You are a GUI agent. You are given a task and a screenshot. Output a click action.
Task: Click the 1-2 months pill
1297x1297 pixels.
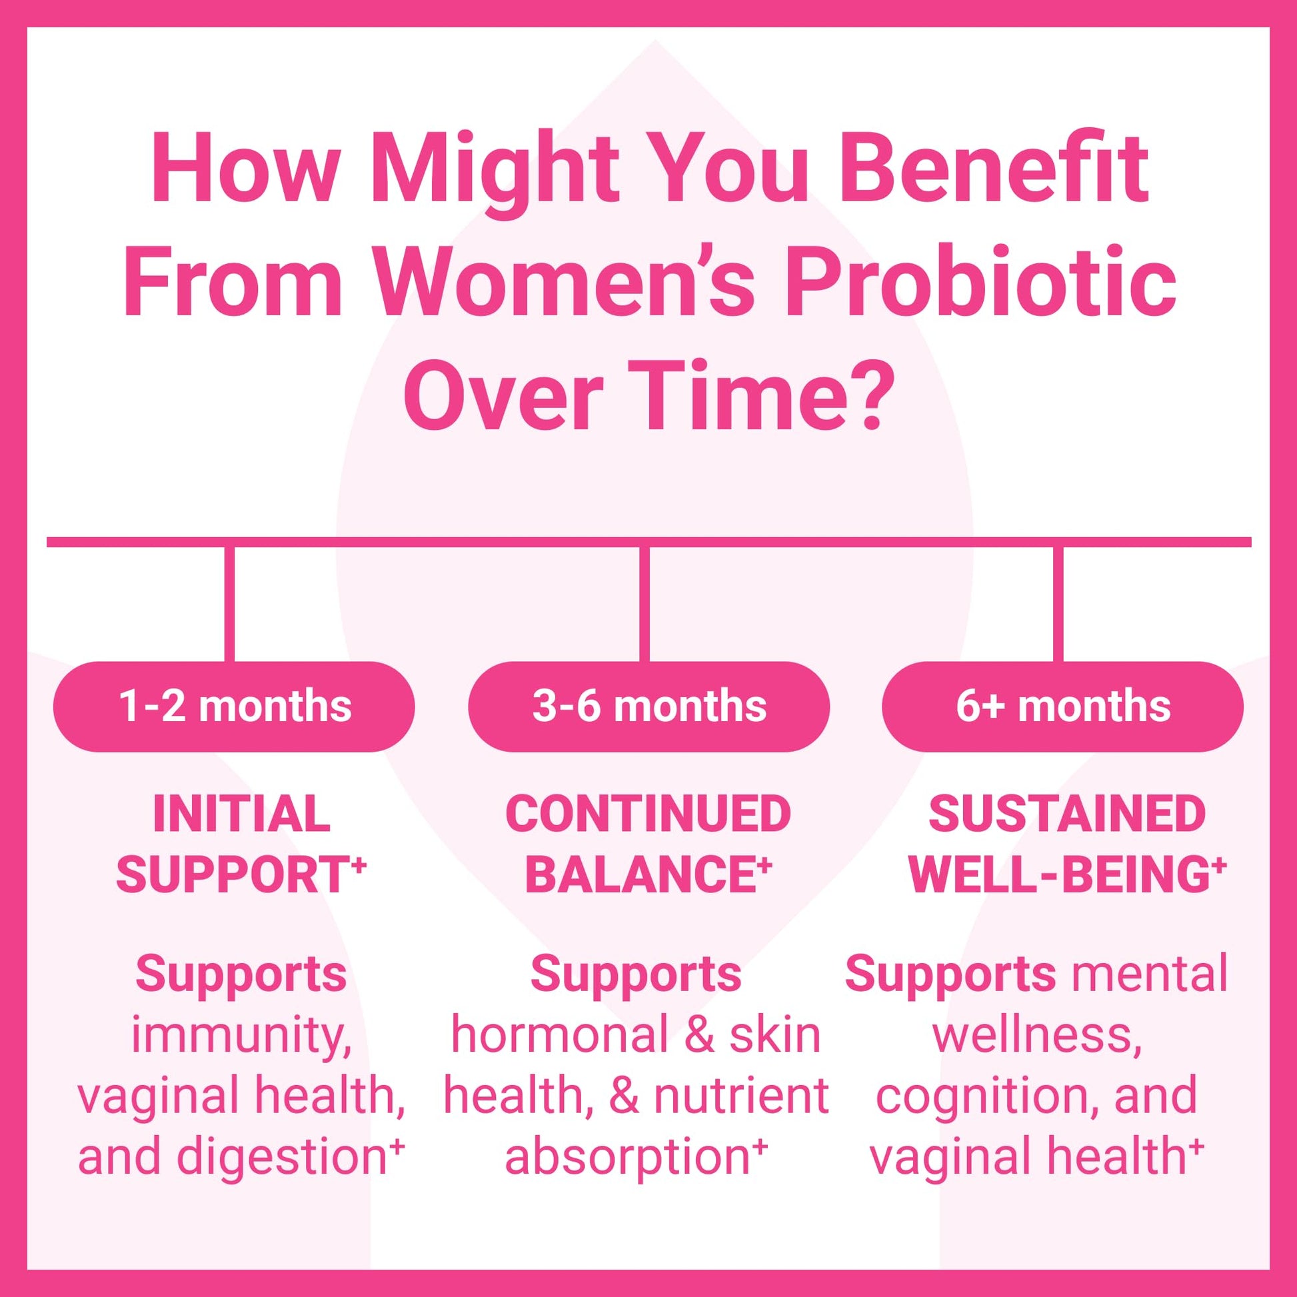(x=235, y=706)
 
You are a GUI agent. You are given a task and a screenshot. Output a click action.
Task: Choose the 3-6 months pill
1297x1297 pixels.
(x=648, y=706)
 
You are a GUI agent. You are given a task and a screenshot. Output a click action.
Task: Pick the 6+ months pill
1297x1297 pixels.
(x=1062, y=706)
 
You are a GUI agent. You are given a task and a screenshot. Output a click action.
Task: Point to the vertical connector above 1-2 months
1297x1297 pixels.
(x=229, y=605)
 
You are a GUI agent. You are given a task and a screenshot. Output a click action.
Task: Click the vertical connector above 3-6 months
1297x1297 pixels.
(x=645, y=605)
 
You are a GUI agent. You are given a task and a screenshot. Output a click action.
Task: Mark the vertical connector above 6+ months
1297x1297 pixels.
(x=1058, y=605)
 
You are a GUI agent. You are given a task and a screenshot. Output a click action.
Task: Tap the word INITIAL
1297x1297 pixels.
(x=242, y=814)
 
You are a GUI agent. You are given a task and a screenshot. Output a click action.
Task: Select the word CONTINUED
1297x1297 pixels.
(x=648, y=814)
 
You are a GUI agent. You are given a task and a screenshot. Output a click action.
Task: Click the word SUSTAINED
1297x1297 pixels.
(x=1068, y=814)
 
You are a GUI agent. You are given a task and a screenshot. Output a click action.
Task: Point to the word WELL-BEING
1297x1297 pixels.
(x=1061, y=874)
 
